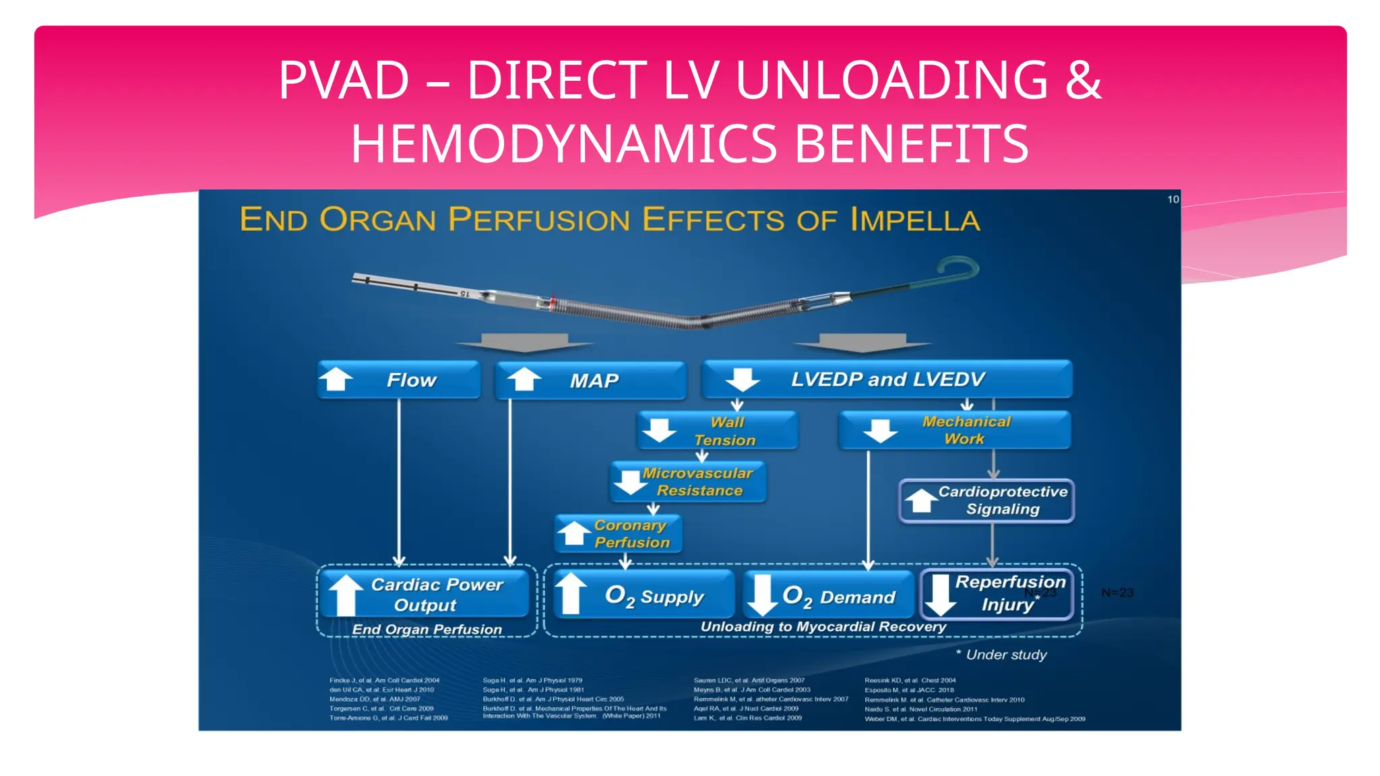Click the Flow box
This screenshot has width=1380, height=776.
tap(399, 380)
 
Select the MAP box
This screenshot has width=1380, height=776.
tap(590, 381)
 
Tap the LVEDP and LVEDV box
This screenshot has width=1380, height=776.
tap(887, 379)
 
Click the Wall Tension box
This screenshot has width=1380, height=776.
tap(718, 430)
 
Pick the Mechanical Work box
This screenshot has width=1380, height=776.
tap(954, 430)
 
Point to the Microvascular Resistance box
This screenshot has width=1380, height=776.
tap(689, 482)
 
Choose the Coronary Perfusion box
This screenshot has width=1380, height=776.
tap(619, 533)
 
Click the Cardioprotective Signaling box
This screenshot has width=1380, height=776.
tap(986, 500)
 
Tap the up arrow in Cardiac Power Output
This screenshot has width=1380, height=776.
tap(346, 594)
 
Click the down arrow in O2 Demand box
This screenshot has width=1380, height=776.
tap(762, 594)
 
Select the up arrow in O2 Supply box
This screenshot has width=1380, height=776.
tap(570, 593)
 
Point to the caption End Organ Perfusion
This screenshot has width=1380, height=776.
tap(427, 629)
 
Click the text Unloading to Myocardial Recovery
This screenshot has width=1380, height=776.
tap(823, 626)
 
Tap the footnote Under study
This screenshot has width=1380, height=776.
tap(1005, 655)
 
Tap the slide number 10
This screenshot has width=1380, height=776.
tap(1172, 199)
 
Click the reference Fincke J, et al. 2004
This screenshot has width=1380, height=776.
tap(384, 680)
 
